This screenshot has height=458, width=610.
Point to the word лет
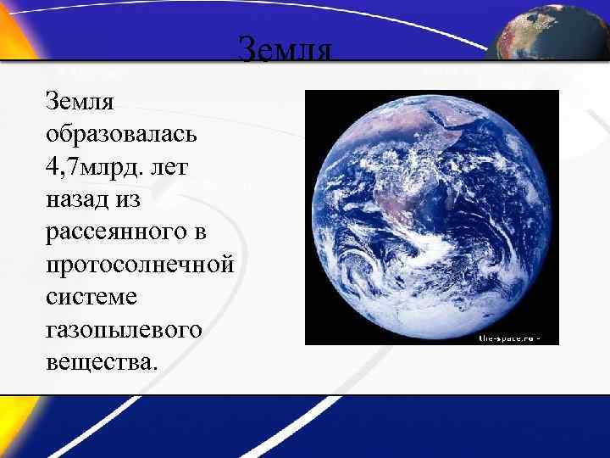click(x=174, y=167)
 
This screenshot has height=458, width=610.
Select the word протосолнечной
click(x=140, y=264)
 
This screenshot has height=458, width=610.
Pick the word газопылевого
click(x=125, y=328)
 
